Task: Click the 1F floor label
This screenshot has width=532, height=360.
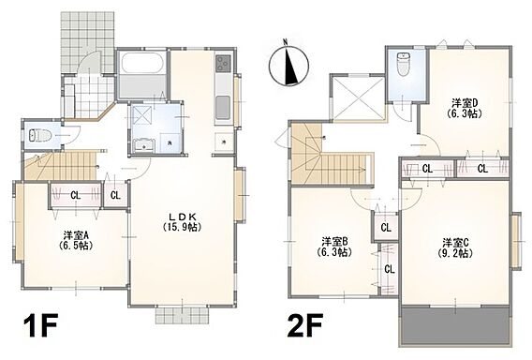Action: point(39,325)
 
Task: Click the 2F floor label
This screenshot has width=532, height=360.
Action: point(304,325)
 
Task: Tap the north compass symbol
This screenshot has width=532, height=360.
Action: point(288,64)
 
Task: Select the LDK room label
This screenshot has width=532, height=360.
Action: point(183,221)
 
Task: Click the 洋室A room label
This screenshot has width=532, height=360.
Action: point(76,240)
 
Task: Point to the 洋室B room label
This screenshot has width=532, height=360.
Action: point(333,247)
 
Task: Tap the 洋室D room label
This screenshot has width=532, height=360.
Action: point(465,108)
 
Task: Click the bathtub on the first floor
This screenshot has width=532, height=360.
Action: point(141,63)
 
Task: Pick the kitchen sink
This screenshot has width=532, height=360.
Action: point(223,107)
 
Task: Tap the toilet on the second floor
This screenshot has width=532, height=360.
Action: point(404,64)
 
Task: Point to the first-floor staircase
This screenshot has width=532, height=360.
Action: point(60,166)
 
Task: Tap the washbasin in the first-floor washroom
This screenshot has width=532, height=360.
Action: point(144,146)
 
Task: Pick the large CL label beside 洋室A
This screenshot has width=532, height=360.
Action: point(75,195)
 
